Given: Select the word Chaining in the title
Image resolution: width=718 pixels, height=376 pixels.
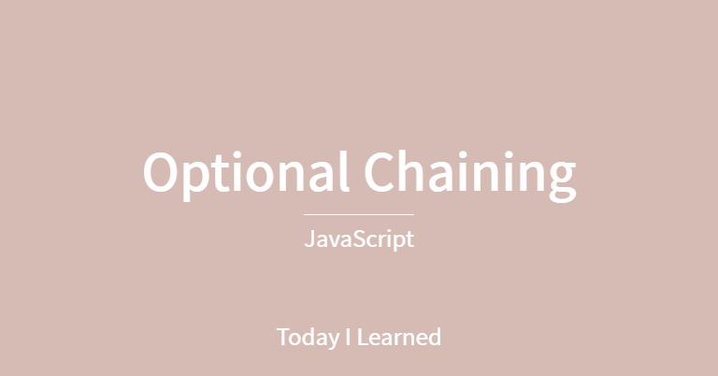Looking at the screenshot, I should [469, 173].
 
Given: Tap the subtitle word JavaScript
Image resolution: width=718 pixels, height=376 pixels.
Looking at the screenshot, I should [359, 239].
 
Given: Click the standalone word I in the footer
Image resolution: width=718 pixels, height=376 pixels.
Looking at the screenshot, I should [349, 337].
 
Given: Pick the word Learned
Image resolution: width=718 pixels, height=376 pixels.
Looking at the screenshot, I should [399, 337].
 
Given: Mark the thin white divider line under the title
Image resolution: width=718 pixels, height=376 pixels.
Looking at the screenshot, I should [359, 214].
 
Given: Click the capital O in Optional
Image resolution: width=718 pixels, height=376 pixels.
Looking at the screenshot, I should [163, 173].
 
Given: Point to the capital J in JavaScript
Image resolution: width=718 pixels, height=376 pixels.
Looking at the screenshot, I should [309, 239].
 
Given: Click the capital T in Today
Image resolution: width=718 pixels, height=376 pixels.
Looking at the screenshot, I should [283, 337].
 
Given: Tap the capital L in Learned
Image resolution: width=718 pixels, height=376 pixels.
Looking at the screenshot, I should [363, 337].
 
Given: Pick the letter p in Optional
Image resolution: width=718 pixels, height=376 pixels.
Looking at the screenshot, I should [199, 178].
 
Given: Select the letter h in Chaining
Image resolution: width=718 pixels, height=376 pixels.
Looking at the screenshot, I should [417, 171].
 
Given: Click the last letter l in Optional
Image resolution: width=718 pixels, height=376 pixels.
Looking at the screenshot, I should [345, 171].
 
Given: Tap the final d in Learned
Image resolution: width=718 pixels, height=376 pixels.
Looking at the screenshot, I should [434, 337].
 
